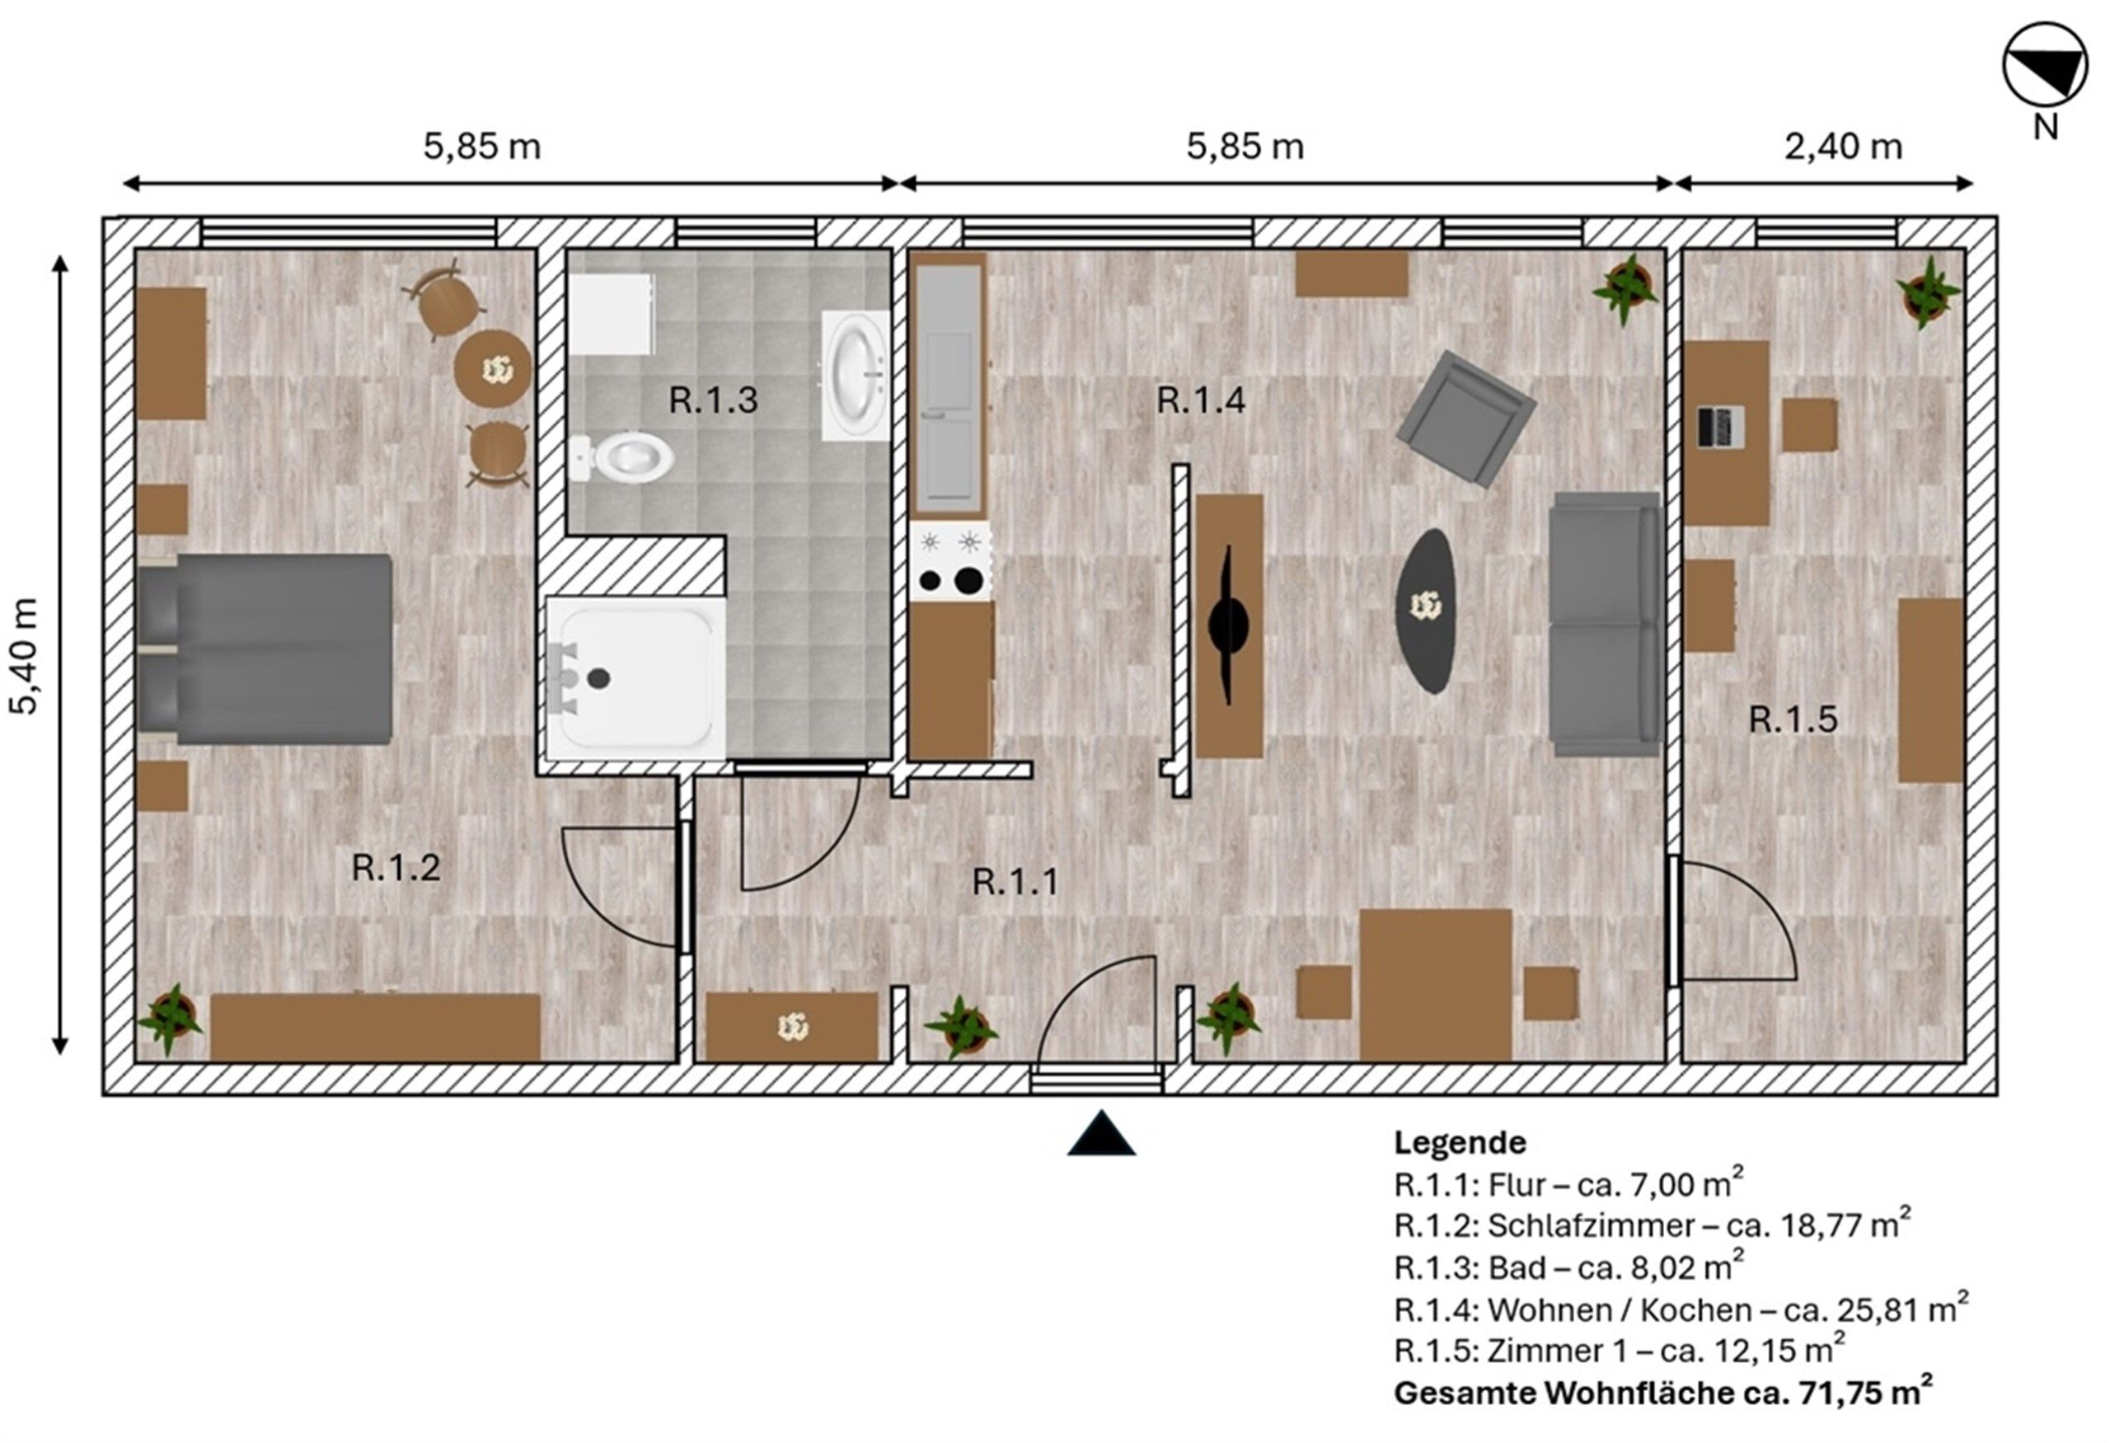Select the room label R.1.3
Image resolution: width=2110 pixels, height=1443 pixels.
[x=713, y=401]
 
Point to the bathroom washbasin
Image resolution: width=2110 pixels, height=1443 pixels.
[x=856, y=376]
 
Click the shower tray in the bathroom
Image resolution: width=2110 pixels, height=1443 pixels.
[x=635, y=678]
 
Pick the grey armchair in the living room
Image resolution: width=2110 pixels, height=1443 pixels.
[x=1466, y=418]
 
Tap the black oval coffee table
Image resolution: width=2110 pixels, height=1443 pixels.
[x=1427, y=611]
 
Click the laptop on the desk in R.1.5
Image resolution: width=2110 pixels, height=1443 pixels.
[x=1719, y=428]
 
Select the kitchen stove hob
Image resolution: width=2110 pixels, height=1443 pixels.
[x=950, y=561]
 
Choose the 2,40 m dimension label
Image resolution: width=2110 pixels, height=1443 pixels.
[x=1843, y=147]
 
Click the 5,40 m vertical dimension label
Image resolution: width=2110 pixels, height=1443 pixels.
[x=24, y=656]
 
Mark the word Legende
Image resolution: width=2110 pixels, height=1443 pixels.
[x=1460, y=1142]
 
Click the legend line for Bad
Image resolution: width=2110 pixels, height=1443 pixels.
[x=1568, y=1267]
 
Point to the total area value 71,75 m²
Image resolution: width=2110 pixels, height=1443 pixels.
[x=1865, y=1392]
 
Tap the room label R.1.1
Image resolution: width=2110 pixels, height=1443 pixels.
[x=1015, y=882]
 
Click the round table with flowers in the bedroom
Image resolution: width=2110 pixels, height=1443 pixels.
[x=494, y=369]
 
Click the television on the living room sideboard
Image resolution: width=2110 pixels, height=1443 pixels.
[x=1227, y=625]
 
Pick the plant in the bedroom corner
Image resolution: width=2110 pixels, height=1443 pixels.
[x=170, y=1019]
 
